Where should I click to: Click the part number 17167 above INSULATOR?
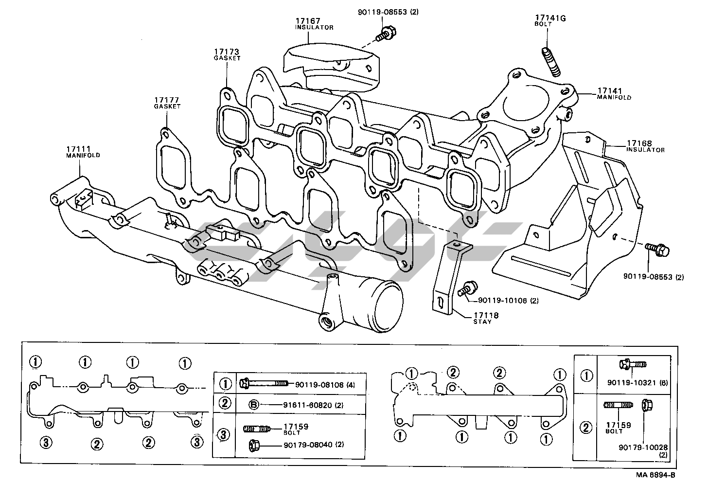click(307, 21)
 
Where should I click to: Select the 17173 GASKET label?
click(227, 54)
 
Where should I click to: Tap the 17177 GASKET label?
click(167, 103)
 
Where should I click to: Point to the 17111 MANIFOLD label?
click(83, 152)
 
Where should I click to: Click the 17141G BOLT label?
click(550, 20)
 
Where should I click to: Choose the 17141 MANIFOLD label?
click(614, 94)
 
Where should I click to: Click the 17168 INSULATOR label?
click(645, 146)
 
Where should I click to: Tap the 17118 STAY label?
click(486, 318)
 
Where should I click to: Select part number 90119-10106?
click(502, 300)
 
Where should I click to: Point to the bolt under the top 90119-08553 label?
click(386, 34)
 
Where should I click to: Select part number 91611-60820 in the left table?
click(307, 405)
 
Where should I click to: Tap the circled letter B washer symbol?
click(254, 405)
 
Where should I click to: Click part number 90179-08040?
click(307, 445)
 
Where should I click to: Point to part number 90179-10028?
click(643, 447)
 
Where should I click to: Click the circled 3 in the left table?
click(224, 435)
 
